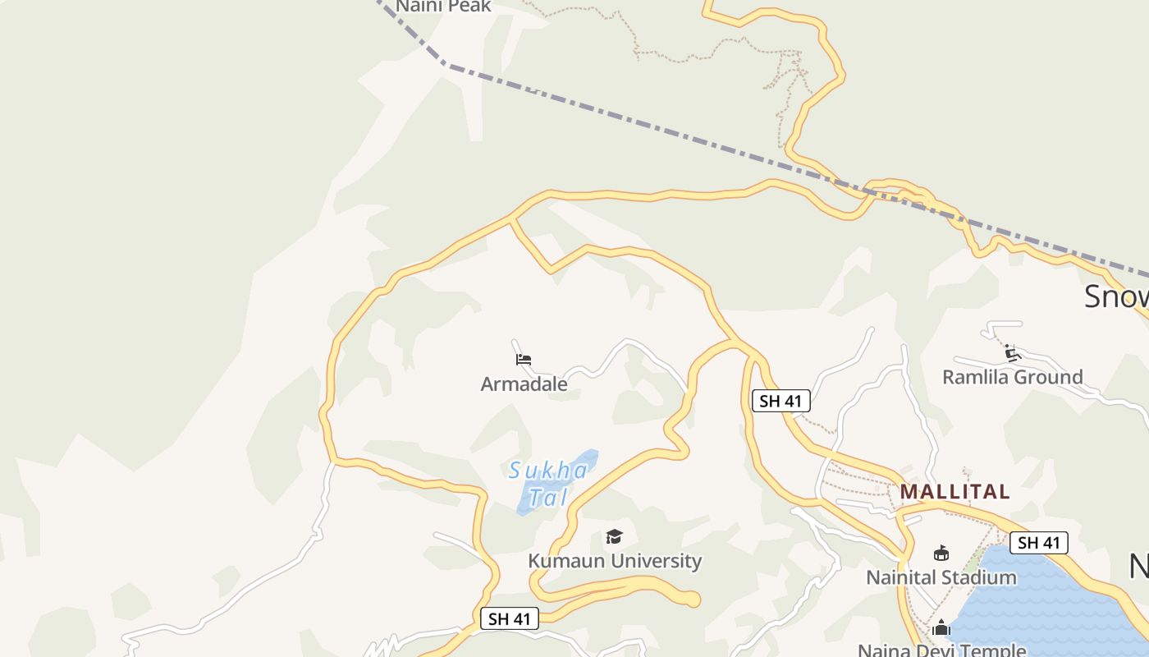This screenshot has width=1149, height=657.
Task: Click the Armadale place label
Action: pyautogui.click(x=524, y=384)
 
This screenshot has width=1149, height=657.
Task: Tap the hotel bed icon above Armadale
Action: pyautogui.click(x=524, y=360)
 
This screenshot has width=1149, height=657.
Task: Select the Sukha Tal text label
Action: pyautogui.click(x=548, y=484)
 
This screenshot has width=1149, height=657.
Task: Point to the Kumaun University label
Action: pyautogui.click(x=615, y=562)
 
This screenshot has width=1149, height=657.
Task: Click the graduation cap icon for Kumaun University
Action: pyautogui.click(x=614, y=537)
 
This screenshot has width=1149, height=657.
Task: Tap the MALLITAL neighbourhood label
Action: pyautogui.click(x=954, y=492)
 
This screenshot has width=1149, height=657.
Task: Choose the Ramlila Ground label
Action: pyautogui.click(x=1012, y=378)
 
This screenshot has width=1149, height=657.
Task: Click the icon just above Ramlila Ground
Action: pyautogui.click(x=1012, y=354)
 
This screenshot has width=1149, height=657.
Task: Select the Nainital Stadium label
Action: pyautogui.click(x=941, y=578)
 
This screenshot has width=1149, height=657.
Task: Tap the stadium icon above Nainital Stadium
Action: pyautogui.click(x=941, y=554)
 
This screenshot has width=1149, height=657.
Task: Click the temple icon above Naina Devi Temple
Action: pyautogui.click(x=941, y=628)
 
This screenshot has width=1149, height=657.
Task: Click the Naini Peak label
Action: pyautogui.click(x=443, y=7)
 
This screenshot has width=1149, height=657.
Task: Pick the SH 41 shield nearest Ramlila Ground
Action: pyautogui.click(x=780, y=401)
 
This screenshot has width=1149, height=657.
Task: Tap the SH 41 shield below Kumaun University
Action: pyautogui.click(x=510, y=619)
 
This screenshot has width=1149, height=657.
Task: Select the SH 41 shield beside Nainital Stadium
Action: pyautogui.click(x=1039, y=543)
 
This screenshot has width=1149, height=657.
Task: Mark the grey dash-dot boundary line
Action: pyautogui.click(x=657, y=123)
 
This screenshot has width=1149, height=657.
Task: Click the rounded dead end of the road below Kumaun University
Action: pyautogui.click(x=694, y=600)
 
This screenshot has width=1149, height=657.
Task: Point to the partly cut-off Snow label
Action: pyautogui.click(x=1116, y=296)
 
